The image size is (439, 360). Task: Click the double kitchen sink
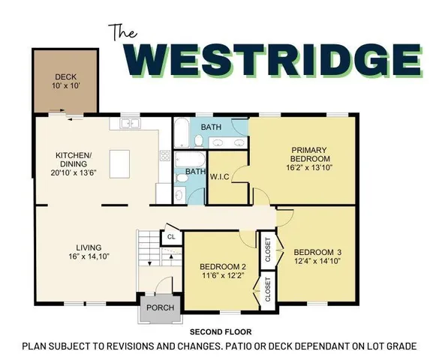129,122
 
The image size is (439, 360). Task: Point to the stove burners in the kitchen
164,156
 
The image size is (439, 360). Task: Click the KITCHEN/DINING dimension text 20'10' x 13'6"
74,172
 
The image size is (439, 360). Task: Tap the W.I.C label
220,177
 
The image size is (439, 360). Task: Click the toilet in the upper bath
199,141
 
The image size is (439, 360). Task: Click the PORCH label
160,307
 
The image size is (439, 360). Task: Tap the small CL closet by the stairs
171,236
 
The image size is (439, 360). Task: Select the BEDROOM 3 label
317,251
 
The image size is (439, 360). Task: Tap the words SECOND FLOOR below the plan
220,331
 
